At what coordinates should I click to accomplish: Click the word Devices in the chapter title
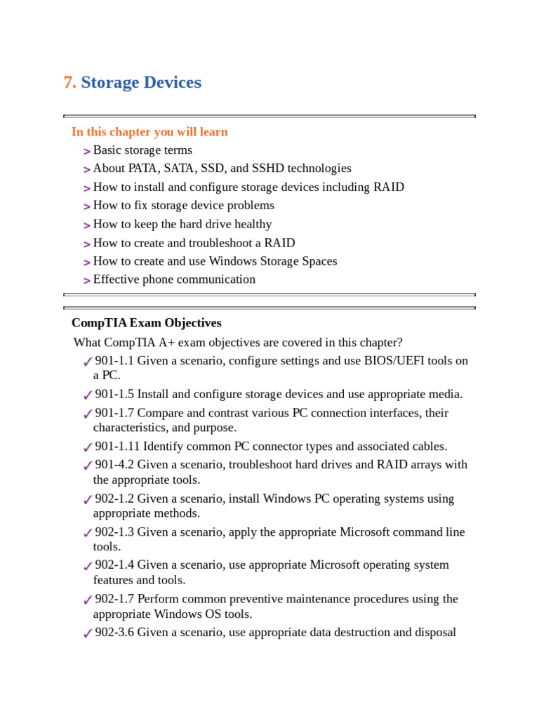(x=172, y=83)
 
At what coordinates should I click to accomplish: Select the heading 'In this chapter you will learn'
(x=149, y=132)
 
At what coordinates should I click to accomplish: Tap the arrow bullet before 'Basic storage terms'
(x=86, y=151)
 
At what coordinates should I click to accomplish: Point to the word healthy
(x=253, y=225)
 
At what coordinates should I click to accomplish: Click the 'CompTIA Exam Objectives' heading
(x=146, y=323)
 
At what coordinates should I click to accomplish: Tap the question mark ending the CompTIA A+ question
(x=399, y=343)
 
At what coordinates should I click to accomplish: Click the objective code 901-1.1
(x=114, y=361)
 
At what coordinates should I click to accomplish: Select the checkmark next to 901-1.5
(x=87, y=395)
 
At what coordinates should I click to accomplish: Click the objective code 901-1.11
(x=117, y=447)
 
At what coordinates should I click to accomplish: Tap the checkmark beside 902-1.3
(x=87, y=533)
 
